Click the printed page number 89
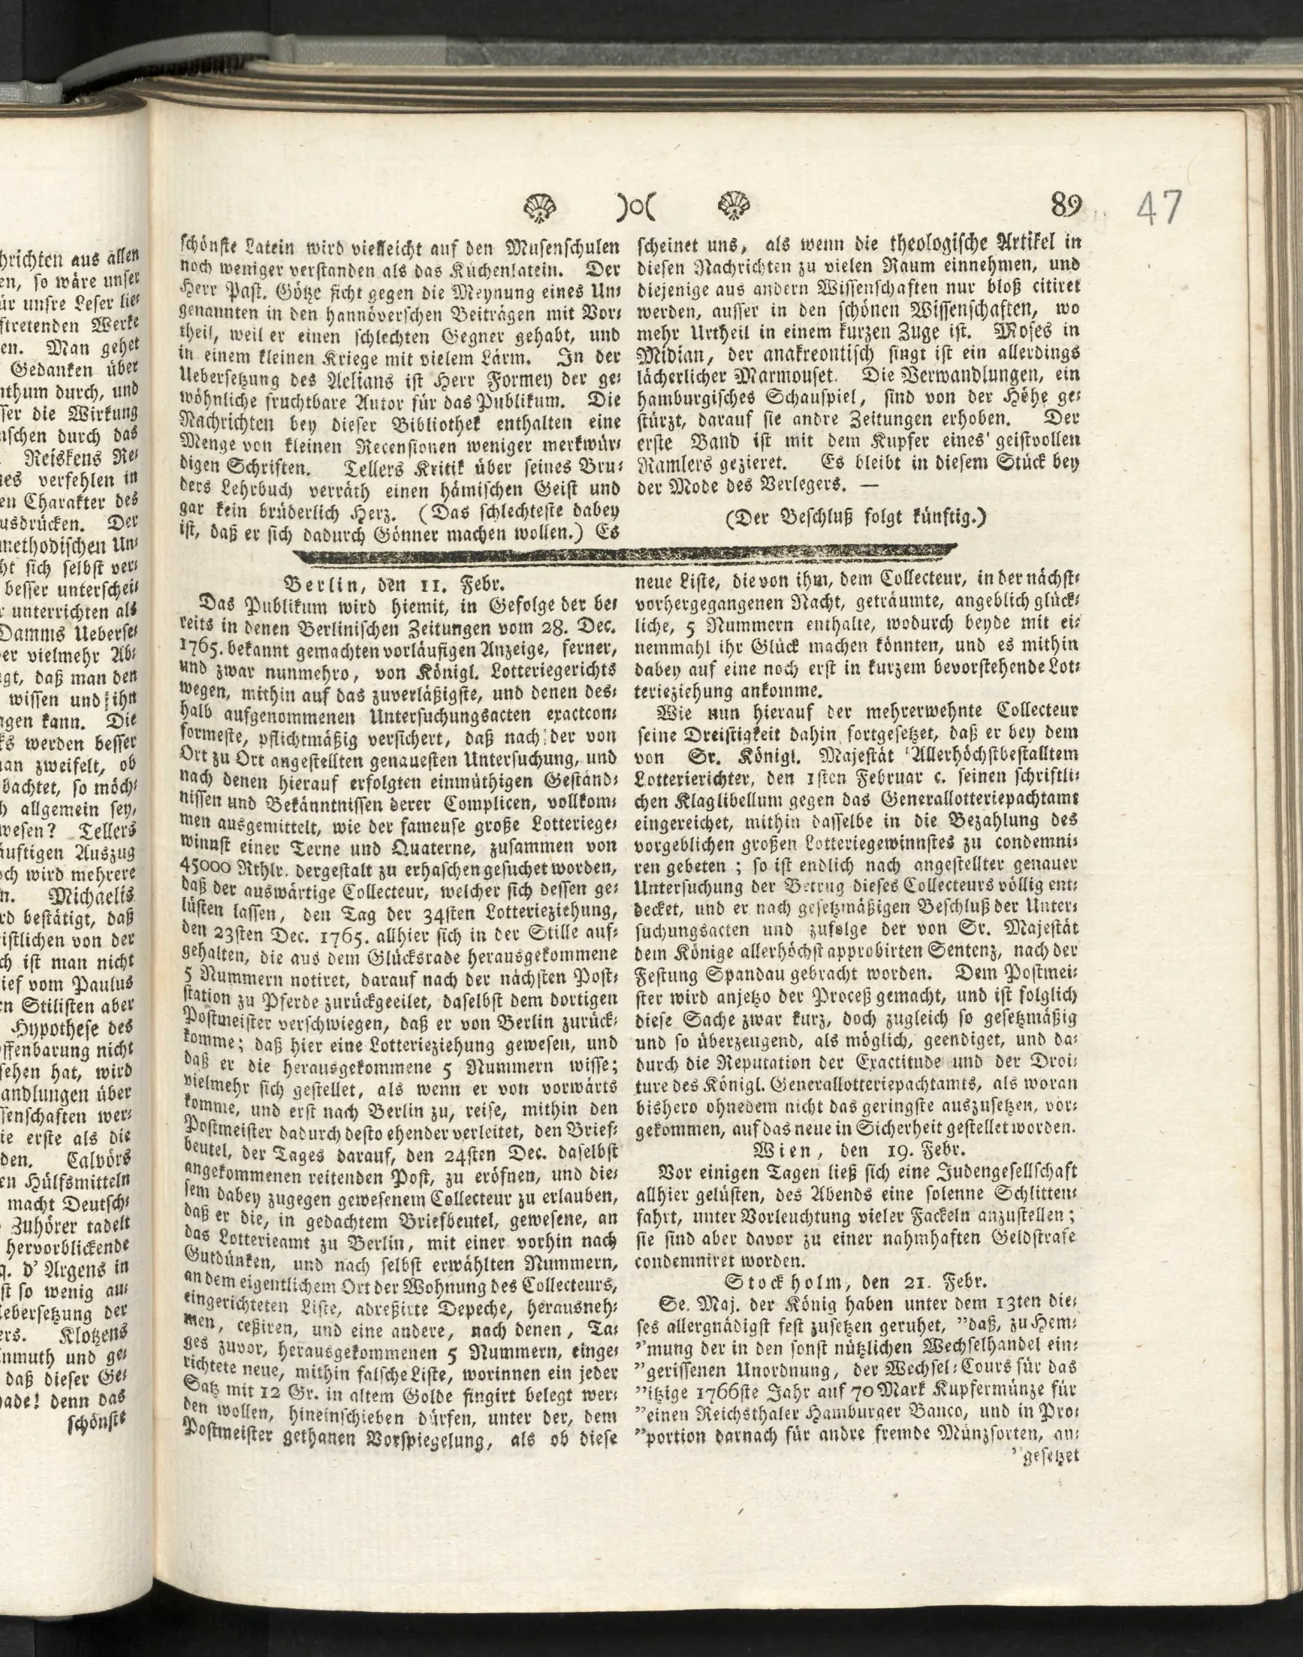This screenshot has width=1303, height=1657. coord(1066,205)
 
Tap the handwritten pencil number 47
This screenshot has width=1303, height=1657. coord(1159,208)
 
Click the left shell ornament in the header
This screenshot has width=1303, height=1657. coord(541,206)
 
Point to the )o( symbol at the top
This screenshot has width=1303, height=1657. coord(637,207)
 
